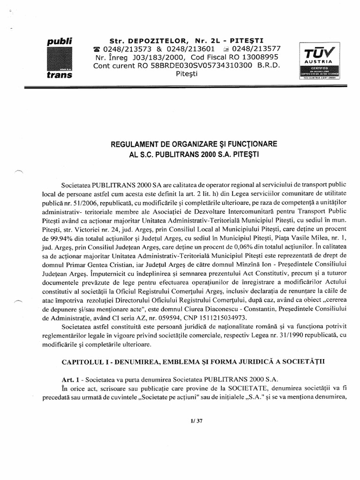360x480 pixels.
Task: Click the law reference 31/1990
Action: tap(255, 336)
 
